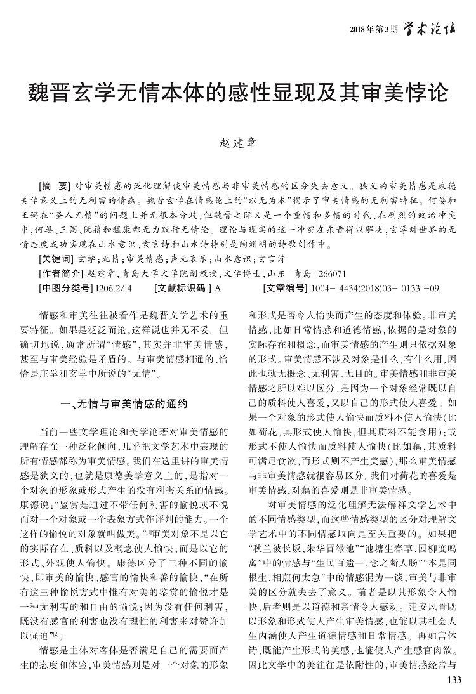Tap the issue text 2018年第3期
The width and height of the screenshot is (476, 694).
374,29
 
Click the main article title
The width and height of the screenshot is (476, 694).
238,92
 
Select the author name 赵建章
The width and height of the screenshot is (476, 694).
237,141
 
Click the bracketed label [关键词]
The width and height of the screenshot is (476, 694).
56,259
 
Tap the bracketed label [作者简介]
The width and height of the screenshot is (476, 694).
60,273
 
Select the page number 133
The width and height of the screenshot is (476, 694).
454,680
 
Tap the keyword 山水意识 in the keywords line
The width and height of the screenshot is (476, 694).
232,259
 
